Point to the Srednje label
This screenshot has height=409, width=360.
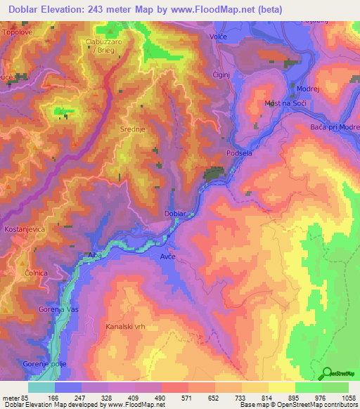point(133,129)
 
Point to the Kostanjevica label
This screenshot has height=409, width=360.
point(25,230)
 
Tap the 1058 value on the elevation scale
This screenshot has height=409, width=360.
point(347,397)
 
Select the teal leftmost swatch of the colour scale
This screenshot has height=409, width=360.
point(41,387)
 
